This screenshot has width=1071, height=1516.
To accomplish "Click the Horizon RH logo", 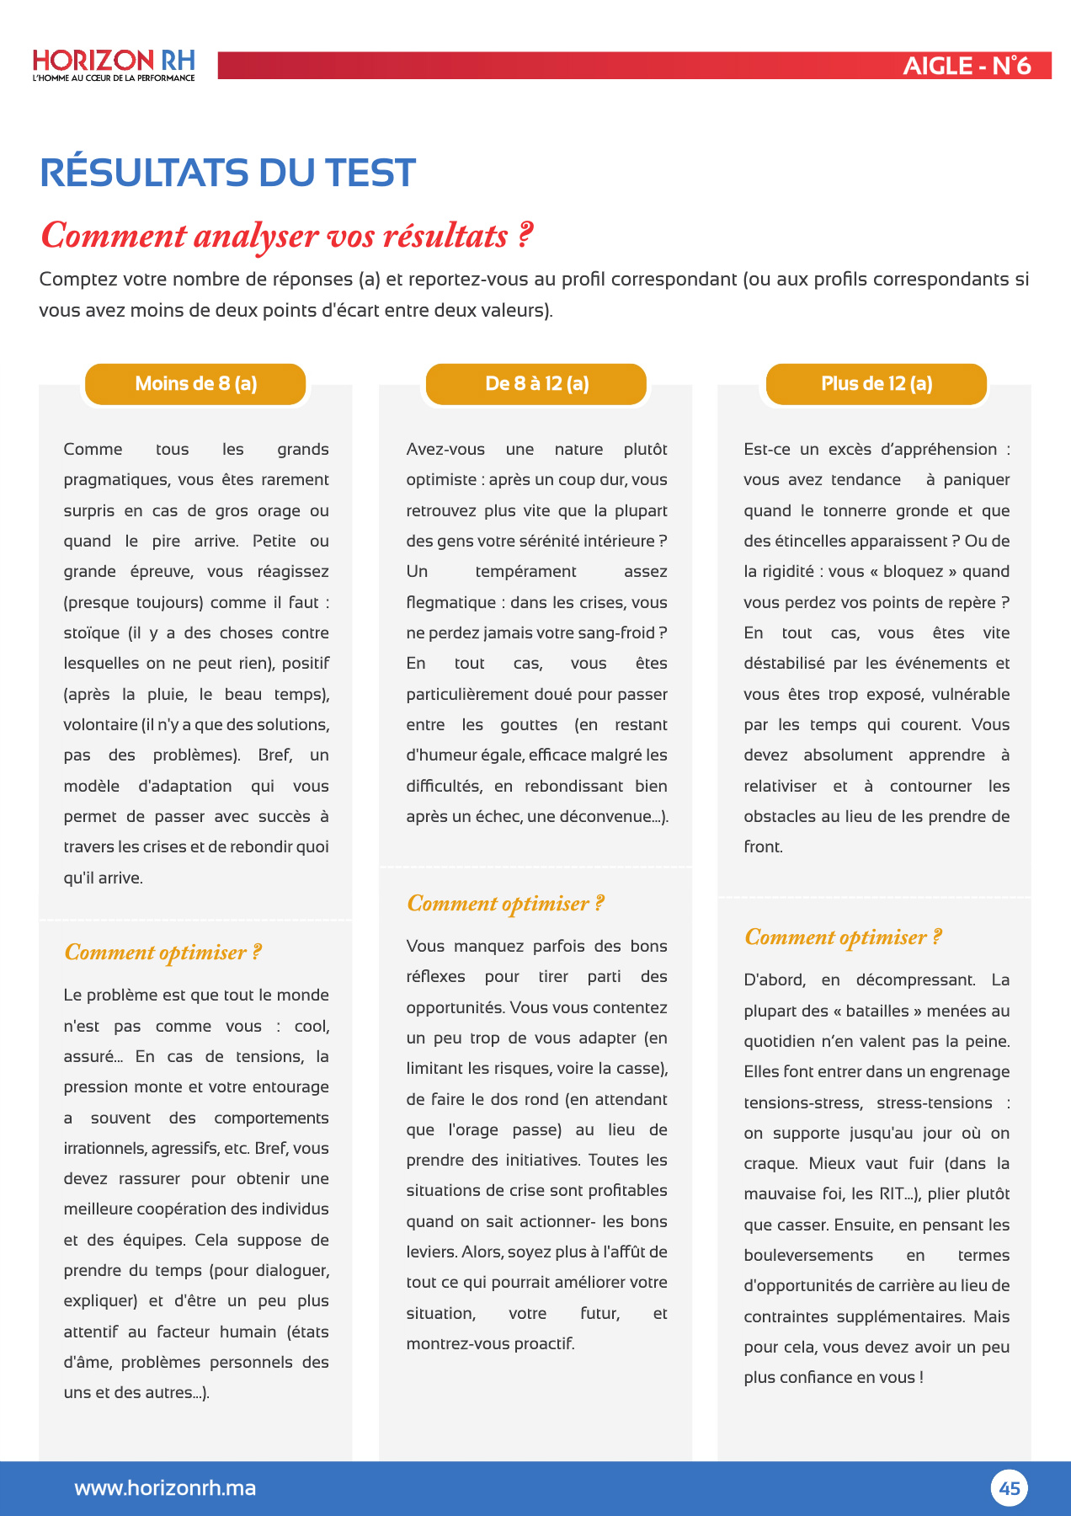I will pos(114,65).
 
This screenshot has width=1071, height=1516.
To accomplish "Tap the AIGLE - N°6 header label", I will pos(967,66).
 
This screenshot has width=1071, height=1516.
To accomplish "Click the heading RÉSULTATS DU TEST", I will pos(227,173).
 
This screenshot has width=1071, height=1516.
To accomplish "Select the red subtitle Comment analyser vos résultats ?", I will pos(286,236).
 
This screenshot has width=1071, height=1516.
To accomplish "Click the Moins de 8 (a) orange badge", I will pos(195,384).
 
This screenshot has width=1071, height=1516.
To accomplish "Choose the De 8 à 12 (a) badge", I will pos(536,384).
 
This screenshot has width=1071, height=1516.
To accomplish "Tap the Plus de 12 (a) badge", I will pos(876,384).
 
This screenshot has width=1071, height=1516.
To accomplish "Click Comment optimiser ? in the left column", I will pos(163,953).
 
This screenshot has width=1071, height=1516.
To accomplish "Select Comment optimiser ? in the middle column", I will pos(505,904).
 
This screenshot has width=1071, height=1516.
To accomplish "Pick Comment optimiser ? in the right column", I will pos(843,937).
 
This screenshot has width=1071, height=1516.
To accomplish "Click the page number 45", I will pos(1009,1488).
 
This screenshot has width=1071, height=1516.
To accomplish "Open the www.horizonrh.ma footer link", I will pos(165,1488).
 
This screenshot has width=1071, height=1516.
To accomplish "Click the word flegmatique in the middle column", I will pos(451,603).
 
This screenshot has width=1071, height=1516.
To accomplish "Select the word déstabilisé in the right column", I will pos(784,664).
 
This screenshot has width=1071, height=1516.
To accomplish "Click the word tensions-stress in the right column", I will pos(802,1103).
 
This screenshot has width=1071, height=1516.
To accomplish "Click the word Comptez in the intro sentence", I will pos(77,280).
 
